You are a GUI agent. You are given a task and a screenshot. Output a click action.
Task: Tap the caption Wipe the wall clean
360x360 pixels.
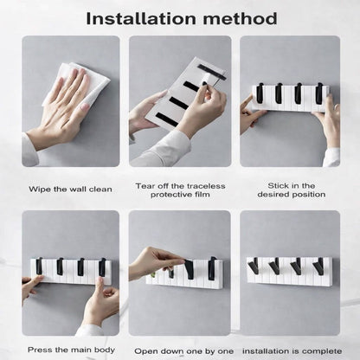[x=69, y=188]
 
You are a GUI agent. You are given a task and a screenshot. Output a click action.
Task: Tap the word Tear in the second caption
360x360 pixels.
[x=145, y=184]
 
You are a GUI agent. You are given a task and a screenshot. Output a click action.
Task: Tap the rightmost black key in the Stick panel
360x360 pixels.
[x=318, y=92]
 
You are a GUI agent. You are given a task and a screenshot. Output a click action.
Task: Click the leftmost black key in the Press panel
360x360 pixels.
[x=39, y=265]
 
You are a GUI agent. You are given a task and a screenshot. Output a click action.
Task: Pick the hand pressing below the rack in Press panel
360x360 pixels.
[x=100, y=303]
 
